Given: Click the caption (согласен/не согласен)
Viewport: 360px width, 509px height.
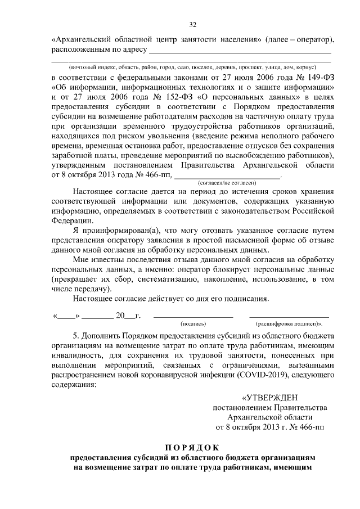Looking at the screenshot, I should point(228,183).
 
